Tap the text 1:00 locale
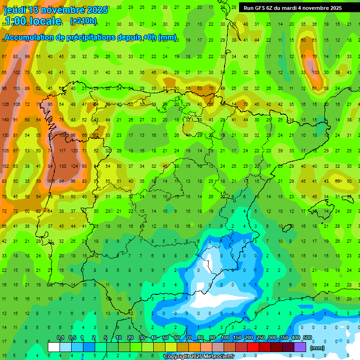click(33, 21)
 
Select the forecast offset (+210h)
click(83, 21)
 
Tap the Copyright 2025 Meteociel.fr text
click(199, 357)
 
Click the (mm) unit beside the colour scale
click(317, 348)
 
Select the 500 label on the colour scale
click(307, 338)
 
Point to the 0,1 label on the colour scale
click(60, 338)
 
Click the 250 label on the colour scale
click(261, 338)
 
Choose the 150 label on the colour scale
click(237, 338)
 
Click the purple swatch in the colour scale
click(300, 347)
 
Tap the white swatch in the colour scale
click(54, 347)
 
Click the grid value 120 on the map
click(74, 151)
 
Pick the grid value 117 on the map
click(62, 151)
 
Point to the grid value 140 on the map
click(5, 120)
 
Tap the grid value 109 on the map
click(62, 135)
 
